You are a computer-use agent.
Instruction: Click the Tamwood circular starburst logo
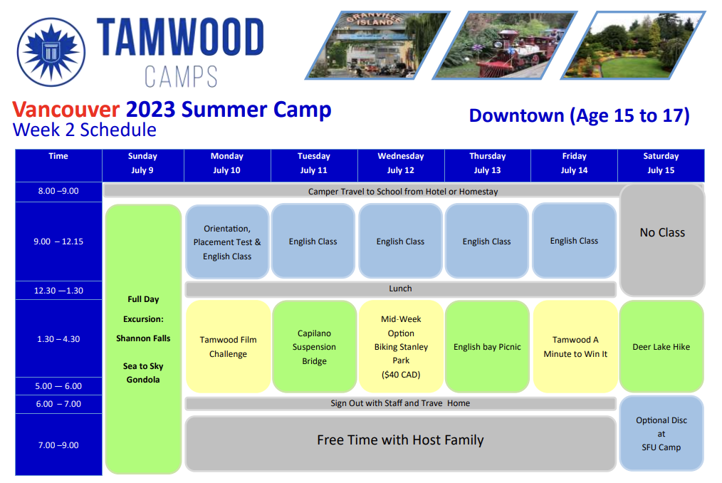[51, 52]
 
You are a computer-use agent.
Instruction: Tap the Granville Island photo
[377, 45]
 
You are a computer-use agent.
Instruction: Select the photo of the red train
[505, 45]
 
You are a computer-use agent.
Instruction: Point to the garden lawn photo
[633, 45]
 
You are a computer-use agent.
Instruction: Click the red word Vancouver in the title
[66, 110]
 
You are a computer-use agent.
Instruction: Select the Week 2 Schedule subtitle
[84, 130]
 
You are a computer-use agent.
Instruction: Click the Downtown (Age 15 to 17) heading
[580, 115]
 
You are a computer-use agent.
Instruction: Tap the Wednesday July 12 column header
[401, 163]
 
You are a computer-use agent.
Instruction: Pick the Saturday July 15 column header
[661, 163]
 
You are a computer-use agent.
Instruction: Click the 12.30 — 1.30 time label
[58, 291]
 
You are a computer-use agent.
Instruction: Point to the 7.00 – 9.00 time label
[58, 445]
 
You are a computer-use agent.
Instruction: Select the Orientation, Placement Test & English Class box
[227, 241]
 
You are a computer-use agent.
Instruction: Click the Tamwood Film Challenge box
[228, 347]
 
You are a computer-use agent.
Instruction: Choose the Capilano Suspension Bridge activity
[314, 347]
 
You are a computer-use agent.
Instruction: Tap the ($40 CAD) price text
[401, 375]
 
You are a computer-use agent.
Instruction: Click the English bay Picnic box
[487, 347]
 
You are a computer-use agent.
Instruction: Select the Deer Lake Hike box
[661, 347]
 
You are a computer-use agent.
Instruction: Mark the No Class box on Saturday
[662, 239]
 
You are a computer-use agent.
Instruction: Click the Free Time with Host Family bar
[400, 443]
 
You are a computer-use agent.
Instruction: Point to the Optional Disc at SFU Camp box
[661, 433]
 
